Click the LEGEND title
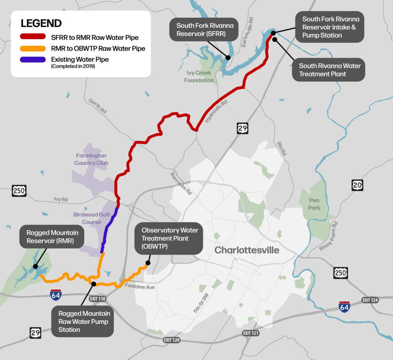41,23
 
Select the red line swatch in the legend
33,38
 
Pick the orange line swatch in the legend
33,49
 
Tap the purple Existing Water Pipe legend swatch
33,60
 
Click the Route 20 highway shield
357,185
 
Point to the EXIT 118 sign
99,298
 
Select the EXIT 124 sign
370,300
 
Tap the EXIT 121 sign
251,333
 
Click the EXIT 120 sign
172,340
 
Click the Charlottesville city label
247,251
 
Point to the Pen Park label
315,204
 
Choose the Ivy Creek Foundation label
199,76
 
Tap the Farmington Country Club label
92,159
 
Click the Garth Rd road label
97,106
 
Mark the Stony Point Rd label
329,236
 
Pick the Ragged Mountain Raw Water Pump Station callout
84,322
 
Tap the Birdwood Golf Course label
91,218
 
